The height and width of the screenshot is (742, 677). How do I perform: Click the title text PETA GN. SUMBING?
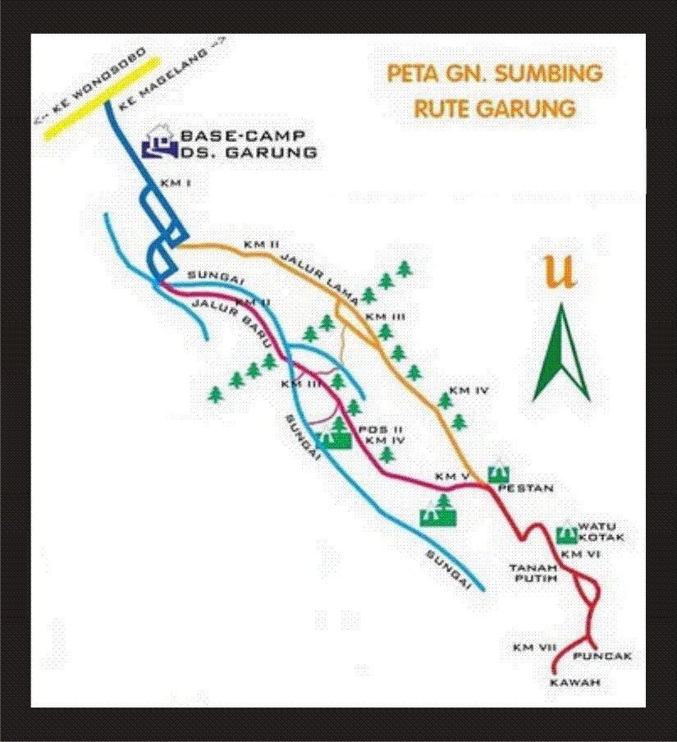coord(495,74)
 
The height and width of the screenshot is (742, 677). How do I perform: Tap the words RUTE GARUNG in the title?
coord(494,108)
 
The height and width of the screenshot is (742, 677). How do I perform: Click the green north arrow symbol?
coord(561,353)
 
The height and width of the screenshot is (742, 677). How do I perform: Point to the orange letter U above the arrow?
coord(560,273)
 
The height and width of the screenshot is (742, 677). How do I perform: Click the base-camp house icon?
coord(158,141)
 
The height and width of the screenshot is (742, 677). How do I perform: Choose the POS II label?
coord(375,429)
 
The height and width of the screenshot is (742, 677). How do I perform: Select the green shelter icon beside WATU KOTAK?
coord(565,534)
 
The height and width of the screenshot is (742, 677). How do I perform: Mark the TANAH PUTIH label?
coord(533,572)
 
